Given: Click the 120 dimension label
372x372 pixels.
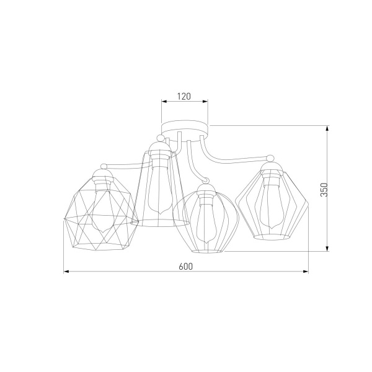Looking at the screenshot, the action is click(184, 96).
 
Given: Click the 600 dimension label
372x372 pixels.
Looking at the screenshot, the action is click(186, 267).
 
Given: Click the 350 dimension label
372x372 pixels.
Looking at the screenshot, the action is click(324, 190).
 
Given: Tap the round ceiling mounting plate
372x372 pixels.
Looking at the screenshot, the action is click(185, 131).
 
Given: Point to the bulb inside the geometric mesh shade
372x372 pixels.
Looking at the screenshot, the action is click(102, 210).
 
